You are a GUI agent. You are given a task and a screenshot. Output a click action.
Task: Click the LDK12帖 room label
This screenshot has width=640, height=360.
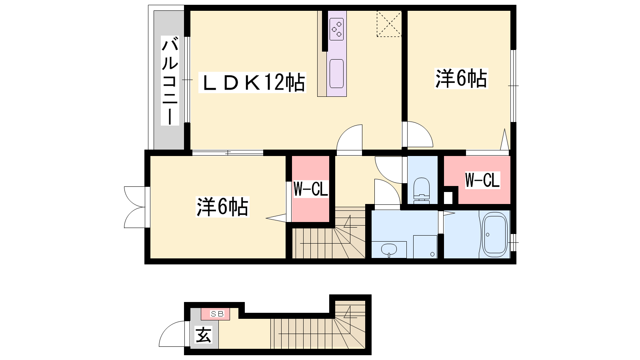pos(252,82)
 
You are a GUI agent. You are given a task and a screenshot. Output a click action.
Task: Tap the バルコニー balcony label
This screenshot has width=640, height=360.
pos(170,80)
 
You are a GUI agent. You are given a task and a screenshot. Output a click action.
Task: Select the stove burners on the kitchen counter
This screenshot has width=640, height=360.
pos(336,29)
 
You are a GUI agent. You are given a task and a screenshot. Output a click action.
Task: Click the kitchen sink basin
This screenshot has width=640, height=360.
pos(336,74)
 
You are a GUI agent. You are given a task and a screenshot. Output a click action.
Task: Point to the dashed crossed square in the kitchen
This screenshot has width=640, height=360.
pos(389,24)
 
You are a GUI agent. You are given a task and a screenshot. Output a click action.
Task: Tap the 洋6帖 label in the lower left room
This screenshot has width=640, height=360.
pos(222,206)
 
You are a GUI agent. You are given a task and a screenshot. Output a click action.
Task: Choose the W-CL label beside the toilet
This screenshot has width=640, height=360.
pos(482,180)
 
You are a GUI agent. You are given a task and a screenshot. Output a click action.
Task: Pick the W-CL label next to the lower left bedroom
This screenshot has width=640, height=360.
pos(310,189)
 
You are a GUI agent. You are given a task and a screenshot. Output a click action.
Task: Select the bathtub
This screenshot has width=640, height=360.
pos(494,235)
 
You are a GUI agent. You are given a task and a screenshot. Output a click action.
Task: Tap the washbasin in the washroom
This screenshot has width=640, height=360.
pos(389,250)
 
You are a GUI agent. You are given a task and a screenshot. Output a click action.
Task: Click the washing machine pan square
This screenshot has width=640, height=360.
pos(425,246)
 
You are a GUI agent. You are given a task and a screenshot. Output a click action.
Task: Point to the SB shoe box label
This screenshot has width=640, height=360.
pos(217,314)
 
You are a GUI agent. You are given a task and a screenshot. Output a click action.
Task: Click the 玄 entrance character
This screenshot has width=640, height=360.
pos(204,334)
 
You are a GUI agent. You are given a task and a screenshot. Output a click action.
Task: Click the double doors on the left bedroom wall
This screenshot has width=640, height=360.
pos(134,207)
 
